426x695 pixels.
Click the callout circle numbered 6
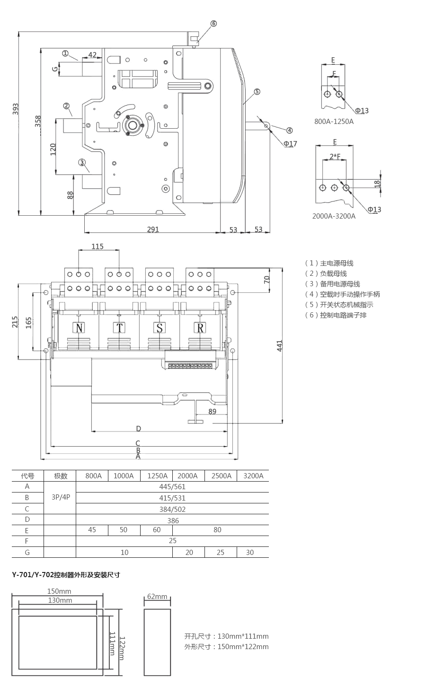[213, 23]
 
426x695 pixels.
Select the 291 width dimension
[153, 229]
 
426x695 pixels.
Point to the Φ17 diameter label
[291, 143]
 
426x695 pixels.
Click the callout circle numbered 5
[257, 91]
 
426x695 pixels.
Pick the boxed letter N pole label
[79, 328]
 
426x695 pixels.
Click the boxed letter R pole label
[201, 328]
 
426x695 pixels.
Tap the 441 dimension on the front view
[279, 345]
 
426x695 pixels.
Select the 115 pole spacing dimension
[98, 246]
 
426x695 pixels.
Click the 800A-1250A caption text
[334, 121]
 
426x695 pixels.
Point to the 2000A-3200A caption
[334, 216]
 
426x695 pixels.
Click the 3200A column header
[253, 476]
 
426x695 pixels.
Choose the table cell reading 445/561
[172, 486]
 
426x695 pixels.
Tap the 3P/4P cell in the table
[60, 497]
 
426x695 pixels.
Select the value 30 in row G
[250, 552]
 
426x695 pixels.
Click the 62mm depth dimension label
[157, 596]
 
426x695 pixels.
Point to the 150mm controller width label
[59, 591]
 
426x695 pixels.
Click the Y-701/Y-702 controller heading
[66, 575]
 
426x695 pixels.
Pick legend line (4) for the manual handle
[342, 294]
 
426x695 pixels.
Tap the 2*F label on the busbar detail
[335, 156]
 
